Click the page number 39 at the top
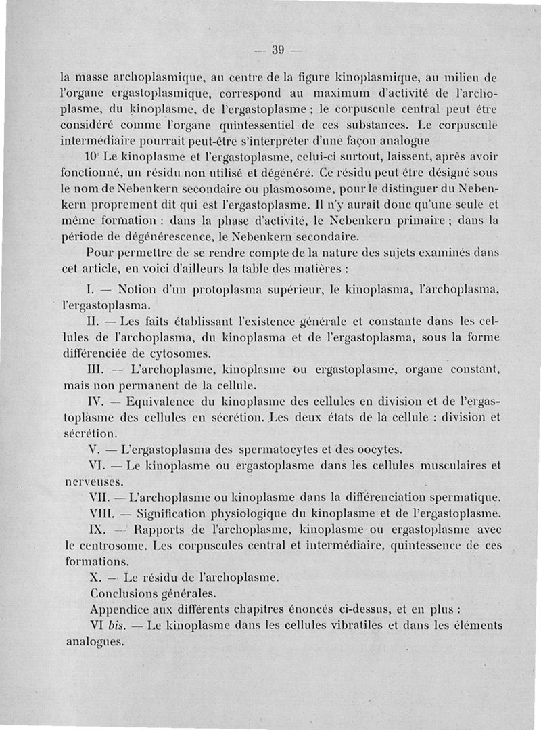277,49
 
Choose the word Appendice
122,609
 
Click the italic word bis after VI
116,625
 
